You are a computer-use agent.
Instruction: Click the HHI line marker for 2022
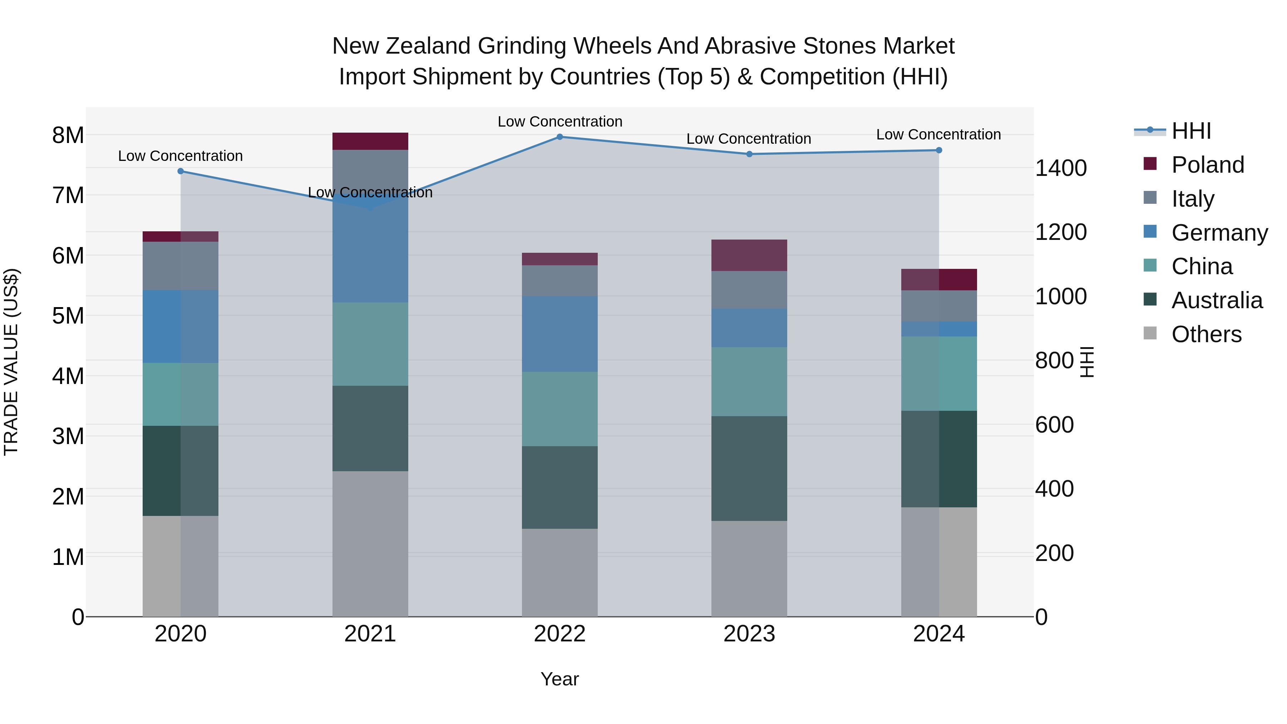[x=559, y=137]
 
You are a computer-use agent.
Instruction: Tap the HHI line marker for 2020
[x=181, y=171]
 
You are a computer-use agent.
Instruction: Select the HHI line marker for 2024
[x=939, y=151]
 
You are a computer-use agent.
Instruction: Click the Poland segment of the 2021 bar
[x=370, y=141]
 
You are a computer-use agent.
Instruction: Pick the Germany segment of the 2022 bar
[x=559, y=334]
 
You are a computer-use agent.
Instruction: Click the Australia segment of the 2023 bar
[x=749, y=469]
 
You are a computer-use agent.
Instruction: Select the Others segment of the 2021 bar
[x=370, y=543]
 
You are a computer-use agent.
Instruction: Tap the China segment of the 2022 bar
[x=559, y=409]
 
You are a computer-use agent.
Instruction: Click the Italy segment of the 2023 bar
[x=749, y=290]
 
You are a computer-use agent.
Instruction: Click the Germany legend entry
[x=1219, y=233]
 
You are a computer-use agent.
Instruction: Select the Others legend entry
[x=1206, y=334]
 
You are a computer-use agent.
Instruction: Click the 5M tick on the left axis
[x=68, y=316]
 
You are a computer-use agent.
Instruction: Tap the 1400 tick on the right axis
[x=1061, y=168]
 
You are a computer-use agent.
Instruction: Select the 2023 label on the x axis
[x=749, y=634]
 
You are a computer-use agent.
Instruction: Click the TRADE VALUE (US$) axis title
[x=11, y=362]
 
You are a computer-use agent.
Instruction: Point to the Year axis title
[x=559, y=679]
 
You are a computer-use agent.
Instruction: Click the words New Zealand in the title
[x=402, y=46]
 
